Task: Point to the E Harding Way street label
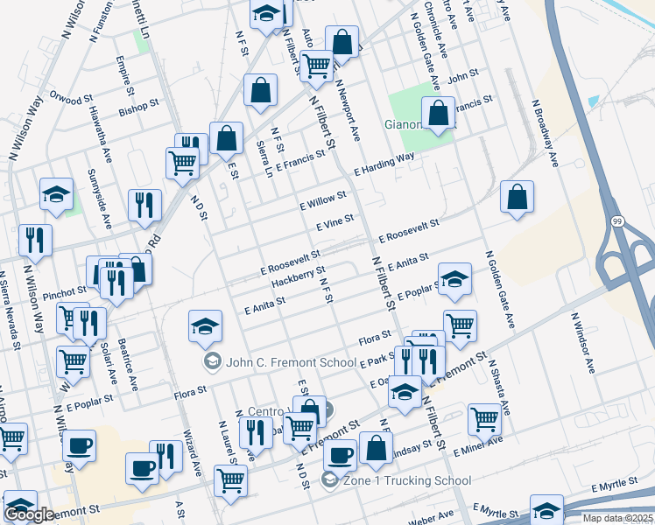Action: pyautogui.click(x=384, y=164)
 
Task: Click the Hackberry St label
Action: pyautogui.click(x=298, y=276)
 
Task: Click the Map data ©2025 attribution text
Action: pyautogui.click(x=617, y=518)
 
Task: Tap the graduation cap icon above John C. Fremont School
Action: pyautogui.click(x=205, y=326)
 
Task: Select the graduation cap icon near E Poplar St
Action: pyautogui.click(x=454, y=279)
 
